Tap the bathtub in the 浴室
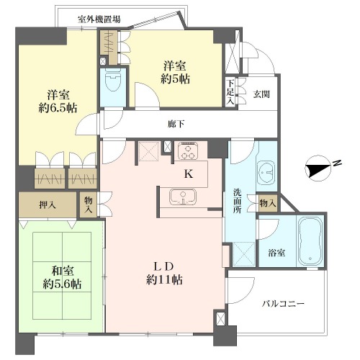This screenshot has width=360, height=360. tap(310, 240)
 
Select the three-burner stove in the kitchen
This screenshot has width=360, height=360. tap(188, 150)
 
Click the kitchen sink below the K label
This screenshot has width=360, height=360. tap(183, 197)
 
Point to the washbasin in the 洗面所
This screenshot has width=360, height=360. tap(266, 172)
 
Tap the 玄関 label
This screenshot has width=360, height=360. tap(261, 94)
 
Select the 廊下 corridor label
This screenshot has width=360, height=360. tap(176, 124)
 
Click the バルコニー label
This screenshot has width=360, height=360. tap(283, 304)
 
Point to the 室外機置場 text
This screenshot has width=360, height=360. tap(99, 19)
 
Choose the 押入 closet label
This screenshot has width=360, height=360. tap(48, 205)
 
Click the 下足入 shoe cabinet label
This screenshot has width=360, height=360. tap(230, 92)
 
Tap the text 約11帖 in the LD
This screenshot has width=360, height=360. tap(164, 280)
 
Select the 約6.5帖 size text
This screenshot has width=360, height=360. tap(58, 108)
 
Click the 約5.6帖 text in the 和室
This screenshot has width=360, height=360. tap(62, 284)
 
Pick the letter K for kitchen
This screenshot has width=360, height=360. tap(189, 174)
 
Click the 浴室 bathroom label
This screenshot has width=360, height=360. tap(276, 253)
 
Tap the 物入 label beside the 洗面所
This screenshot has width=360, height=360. tap(268, 204)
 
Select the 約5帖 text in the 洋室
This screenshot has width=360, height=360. tap(175, 79)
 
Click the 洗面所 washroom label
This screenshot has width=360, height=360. tap(238, 201)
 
